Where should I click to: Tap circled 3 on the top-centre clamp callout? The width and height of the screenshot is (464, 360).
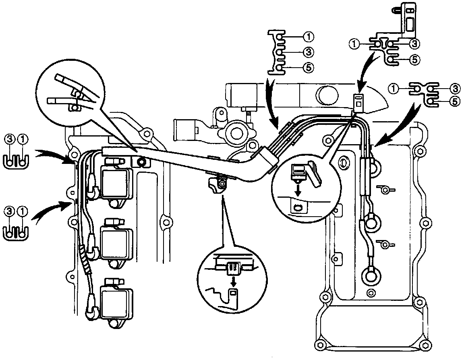[x=308, y=52]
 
